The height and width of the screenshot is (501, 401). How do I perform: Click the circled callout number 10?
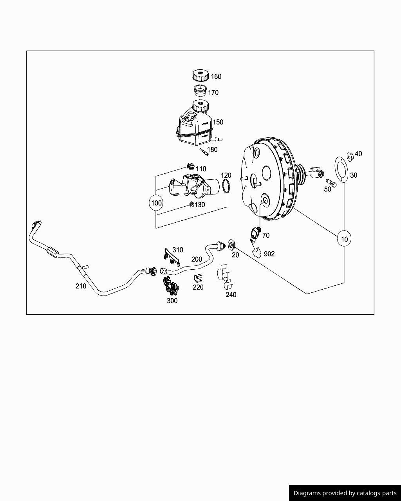(344, 239)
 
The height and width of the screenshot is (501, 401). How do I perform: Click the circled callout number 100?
(156, 203)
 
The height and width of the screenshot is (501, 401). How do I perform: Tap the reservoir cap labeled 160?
(200, 75)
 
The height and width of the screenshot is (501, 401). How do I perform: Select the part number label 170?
(213, 93)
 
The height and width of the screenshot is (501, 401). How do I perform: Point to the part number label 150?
(218, 122)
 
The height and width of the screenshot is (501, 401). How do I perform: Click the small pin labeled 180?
(204, 151)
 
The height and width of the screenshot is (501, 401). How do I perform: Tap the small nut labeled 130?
(191, 204)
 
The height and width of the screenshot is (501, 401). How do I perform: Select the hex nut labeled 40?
(350, 156)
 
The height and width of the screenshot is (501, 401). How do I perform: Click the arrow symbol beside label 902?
(257, 252)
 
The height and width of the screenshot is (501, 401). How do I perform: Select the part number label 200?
(197, 259)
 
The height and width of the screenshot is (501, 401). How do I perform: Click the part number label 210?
(81, 286)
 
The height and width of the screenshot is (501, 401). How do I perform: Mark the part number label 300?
(172, 301)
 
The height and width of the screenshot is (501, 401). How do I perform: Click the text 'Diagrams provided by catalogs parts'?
(345, 493)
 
